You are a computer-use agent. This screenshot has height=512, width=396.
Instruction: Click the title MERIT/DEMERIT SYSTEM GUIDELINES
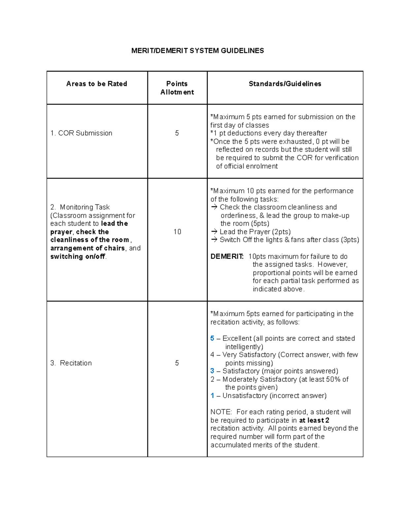[197, 51]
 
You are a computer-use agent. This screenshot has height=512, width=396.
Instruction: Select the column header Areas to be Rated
[97, 84]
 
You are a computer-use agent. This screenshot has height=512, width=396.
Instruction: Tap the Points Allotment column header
[177, 88]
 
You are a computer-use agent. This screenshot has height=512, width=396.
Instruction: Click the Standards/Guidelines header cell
[285, 84]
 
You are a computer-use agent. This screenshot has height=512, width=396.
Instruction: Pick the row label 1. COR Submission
[81, 133]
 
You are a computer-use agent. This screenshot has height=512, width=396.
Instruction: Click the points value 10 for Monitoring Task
[177, 232]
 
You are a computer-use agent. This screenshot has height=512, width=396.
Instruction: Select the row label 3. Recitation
[71, 363]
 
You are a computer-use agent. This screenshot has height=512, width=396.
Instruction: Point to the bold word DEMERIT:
[227, 256]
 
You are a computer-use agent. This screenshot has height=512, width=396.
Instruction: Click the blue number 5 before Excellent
[212, 339]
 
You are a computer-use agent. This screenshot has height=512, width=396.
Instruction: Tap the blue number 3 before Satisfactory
[212, 371]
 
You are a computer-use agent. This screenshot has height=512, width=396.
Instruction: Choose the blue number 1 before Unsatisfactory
[212, 396]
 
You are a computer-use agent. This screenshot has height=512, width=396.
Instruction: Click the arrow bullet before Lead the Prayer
[214, 232]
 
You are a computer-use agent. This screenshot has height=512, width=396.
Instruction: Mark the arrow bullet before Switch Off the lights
[214, 240]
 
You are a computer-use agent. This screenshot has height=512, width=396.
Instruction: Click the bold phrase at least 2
[314, 420]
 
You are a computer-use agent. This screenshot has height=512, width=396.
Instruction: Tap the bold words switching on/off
[78, 256]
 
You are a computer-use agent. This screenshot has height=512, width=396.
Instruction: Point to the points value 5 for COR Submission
[177, 133]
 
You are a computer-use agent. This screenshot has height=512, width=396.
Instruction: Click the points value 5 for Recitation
[177, 363]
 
